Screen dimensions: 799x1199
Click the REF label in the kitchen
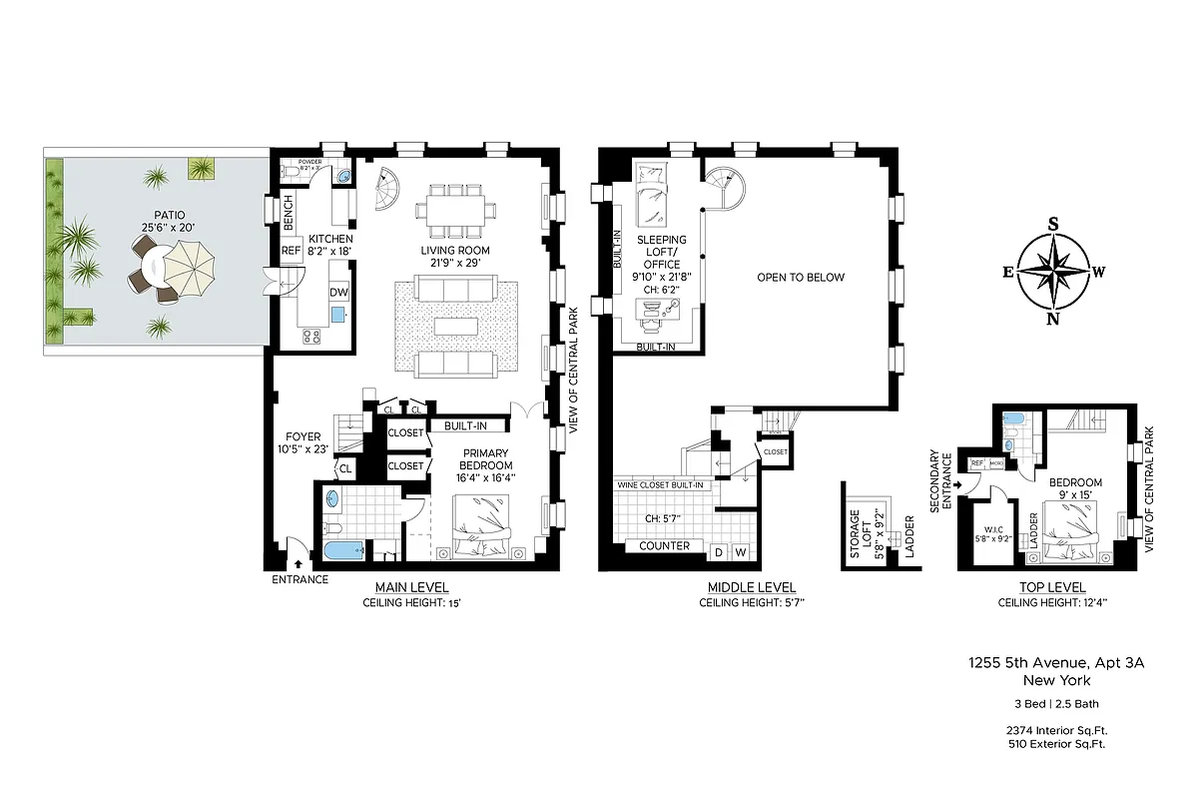pyautogui.click(x=292, y=251)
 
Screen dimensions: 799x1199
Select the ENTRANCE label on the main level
pyautogui.click(x=300, y=579)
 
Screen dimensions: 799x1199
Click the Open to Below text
pyautogui.click(x=801, y=278)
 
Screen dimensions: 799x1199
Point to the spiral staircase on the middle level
pyautogui.click(x=726, y=190)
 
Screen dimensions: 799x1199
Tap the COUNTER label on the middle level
pyautogui.click(x=665, y=546)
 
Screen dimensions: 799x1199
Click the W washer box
pyautogui.click(x=742, y=552)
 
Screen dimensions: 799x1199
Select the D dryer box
pyautogui.click(x=719, y=552)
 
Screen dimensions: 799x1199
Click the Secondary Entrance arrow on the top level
pyautogui.click(x=958, y=485)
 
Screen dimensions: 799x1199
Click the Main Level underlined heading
pyautogui.click(x=411, y=587)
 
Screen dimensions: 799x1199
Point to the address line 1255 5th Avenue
pyautogui.click(x=1040, y=662)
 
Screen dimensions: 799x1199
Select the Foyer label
pyautogui.click(x=302, y=436)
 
